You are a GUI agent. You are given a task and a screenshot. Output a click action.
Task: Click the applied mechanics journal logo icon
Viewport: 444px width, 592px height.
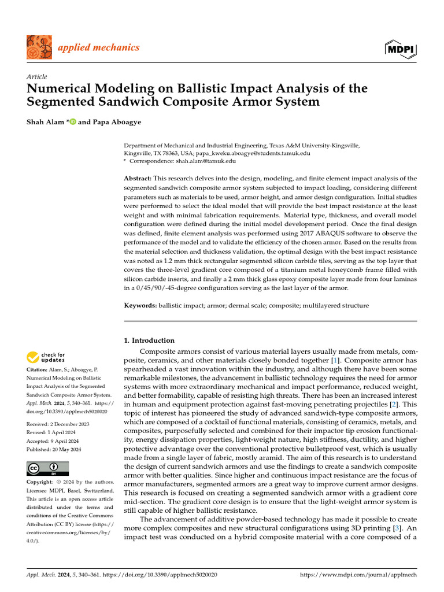[x=39, y=47]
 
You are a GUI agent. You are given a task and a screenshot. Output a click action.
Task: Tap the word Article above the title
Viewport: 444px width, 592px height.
[x=37, y=77]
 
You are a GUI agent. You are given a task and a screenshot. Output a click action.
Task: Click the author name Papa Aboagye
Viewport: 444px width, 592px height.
[x=110, y=123]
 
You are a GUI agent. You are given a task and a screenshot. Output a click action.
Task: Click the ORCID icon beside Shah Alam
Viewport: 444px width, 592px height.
[x=72, y=123]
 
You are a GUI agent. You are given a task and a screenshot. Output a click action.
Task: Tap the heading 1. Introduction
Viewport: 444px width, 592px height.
[x=150, y=341]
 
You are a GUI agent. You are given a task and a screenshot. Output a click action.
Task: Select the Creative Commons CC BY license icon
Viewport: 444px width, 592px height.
[x=48, y=469]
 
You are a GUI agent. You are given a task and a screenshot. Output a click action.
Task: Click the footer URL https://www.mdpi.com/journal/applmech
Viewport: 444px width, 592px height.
[x=358, y=576]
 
